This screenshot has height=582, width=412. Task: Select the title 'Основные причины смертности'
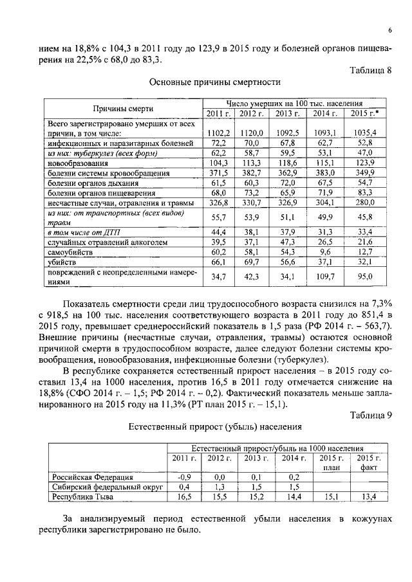(214, 82)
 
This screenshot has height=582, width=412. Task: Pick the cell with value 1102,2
(218, 132)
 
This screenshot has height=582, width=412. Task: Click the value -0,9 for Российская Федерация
(185, 477)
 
